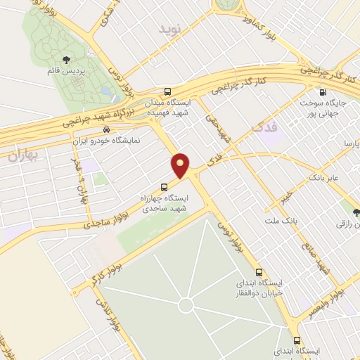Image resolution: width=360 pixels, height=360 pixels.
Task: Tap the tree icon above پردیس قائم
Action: [67, 60]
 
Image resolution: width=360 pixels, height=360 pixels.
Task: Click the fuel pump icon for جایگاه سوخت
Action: [322, 91]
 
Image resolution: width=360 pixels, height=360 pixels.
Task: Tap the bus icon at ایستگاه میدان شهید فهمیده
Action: [167, 91]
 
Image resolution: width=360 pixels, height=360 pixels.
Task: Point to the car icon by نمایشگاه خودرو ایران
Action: [106, 129]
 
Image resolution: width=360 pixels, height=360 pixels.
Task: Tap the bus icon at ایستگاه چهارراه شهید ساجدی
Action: [164, 187]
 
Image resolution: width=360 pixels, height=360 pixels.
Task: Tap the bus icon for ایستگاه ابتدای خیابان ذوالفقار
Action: [259, 272]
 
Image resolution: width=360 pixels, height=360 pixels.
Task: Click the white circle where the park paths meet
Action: [186, 305]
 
